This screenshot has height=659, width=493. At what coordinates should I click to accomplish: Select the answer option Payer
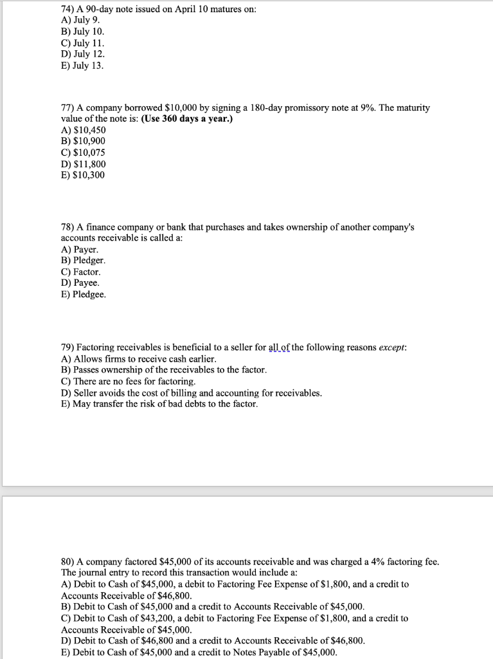(86, 249)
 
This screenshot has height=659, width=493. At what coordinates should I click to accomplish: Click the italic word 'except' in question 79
(391, 348)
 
